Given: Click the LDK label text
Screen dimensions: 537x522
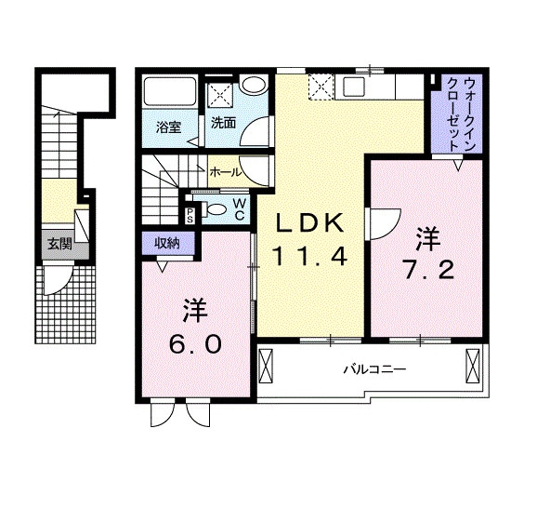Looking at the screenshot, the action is click(310, 223).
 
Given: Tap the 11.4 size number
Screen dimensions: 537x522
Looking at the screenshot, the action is click(309, 257).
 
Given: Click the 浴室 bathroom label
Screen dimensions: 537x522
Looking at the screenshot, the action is click(168, 127).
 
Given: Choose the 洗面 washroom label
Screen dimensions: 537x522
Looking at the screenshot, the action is click(223, 123).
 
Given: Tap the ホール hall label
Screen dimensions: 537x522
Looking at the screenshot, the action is click(226, 172).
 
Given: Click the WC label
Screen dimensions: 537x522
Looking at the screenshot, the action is click(239, 209).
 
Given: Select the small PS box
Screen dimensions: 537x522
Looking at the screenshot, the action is click(190, 215).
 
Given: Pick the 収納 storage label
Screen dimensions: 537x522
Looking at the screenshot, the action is click(167, 243).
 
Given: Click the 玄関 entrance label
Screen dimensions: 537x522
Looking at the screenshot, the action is click(59, 244).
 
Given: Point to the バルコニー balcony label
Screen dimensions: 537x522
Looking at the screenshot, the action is click(375, 369).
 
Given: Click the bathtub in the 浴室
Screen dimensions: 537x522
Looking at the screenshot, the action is click(170, 92).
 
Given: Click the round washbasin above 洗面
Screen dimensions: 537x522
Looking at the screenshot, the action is click(253, 84).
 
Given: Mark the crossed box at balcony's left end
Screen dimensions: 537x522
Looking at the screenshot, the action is click(266, 366).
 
